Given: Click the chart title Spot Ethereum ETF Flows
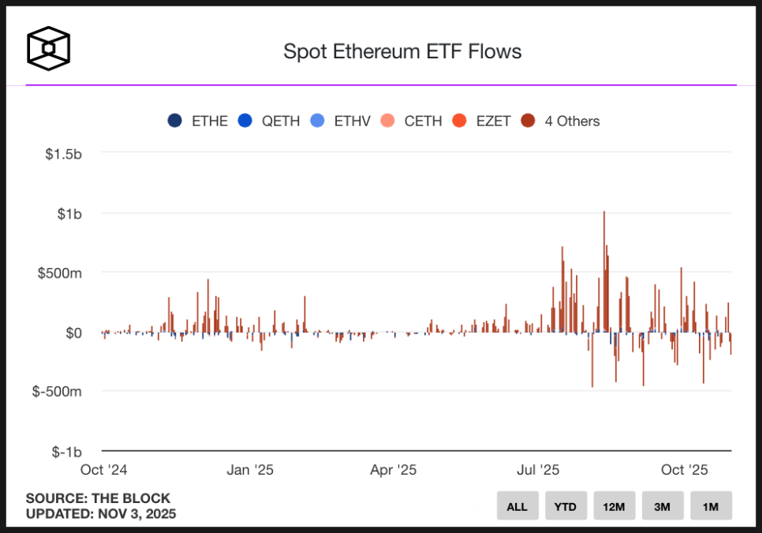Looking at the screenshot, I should (402, 52).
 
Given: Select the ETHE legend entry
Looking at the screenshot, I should (198, 121).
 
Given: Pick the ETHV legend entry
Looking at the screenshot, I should (341, 121).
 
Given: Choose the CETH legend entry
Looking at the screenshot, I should (412, 121).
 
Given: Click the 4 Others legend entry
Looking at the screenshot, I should (561, 121).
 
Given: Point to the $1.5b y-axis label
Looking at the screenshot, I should (63, 154).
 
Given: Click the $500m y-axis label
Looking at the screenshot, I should (60, 273).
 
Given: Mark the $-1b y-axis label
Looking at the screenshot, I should (67, 452).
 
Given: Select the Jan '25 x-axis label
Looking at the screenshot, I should (249, 470).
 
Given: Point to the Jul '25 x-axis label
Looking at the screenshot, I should (538, 470).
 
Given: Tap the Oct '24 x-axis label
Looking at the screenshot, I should (104, 470).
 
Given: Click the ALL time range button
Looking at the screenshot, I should (517, 506).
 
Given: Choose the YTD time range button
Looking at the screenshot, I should (566, 506).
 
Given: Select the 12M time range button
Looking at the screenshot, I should (614, 506).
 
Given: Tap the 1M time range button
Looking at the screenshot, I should (711, 506).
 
